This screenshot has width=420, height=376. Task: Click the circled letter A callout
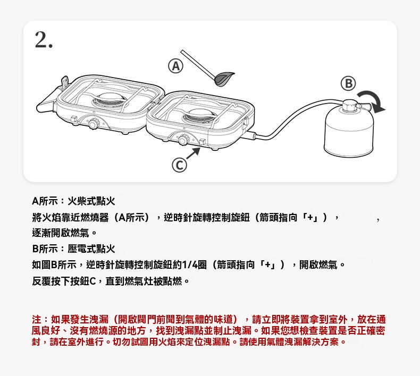point(176,66)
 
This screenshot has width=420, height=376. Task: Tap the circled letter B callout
point(348,83)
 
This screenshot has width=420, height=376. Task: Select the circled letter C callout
point(179,165)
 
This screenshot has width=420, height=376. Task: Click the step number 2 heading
point(44,40)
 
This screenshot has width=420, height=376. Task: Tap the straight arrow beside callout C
point(193,153)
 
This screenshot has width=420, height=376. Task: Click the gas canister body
point(349,132)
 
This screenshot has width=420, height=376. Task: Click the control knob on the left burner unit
point(94,123)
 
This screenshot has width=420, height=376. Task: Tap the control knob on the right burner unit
point(183,140)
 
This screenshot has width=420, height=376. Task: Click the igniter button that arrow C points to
point(203,142)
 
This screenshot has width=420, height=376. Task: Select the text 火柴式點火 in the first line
point(91,201)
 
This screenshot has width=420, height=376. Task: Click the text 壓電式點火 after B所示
point(91,249)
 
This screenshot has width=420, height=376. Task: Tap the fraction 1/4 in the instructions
point(190,265)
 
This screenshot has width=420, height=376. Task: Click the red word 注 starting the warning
point(36,319)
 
